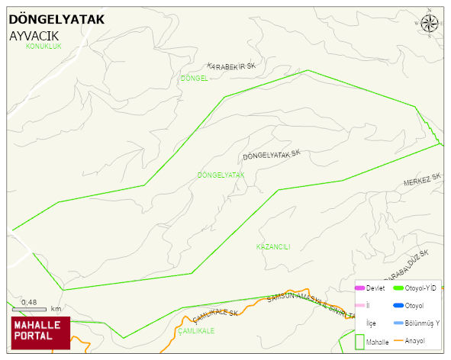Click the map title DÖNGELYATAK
[x=57, y=20]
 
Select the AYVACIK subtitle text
[x=34, y=36]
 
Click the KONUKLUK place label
[x=43, y=47]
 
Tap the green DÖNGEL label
[x=194, y=79]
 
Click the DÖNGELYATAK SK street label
[x=272, y=155]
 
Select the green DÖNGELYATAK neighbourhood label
[x=220, y=175]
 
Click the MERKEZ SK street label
[x=423, y=180]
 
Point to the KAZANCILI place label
[x=273, y=246]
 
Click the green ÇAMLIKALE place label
[x=196, y=332]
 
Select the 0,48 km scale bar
[x=30, y=309]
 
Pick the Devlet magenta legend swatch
[x=360, y=288]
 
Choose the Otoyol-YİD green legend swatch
[x=399, y=288]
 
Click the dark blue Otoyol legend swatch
[x=399, y=306]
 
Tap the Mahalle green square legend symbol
[x=359, y=341]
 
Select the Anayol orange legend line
[x=399, y=340]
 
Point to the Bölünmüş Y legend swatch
[x=399, y=323]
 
